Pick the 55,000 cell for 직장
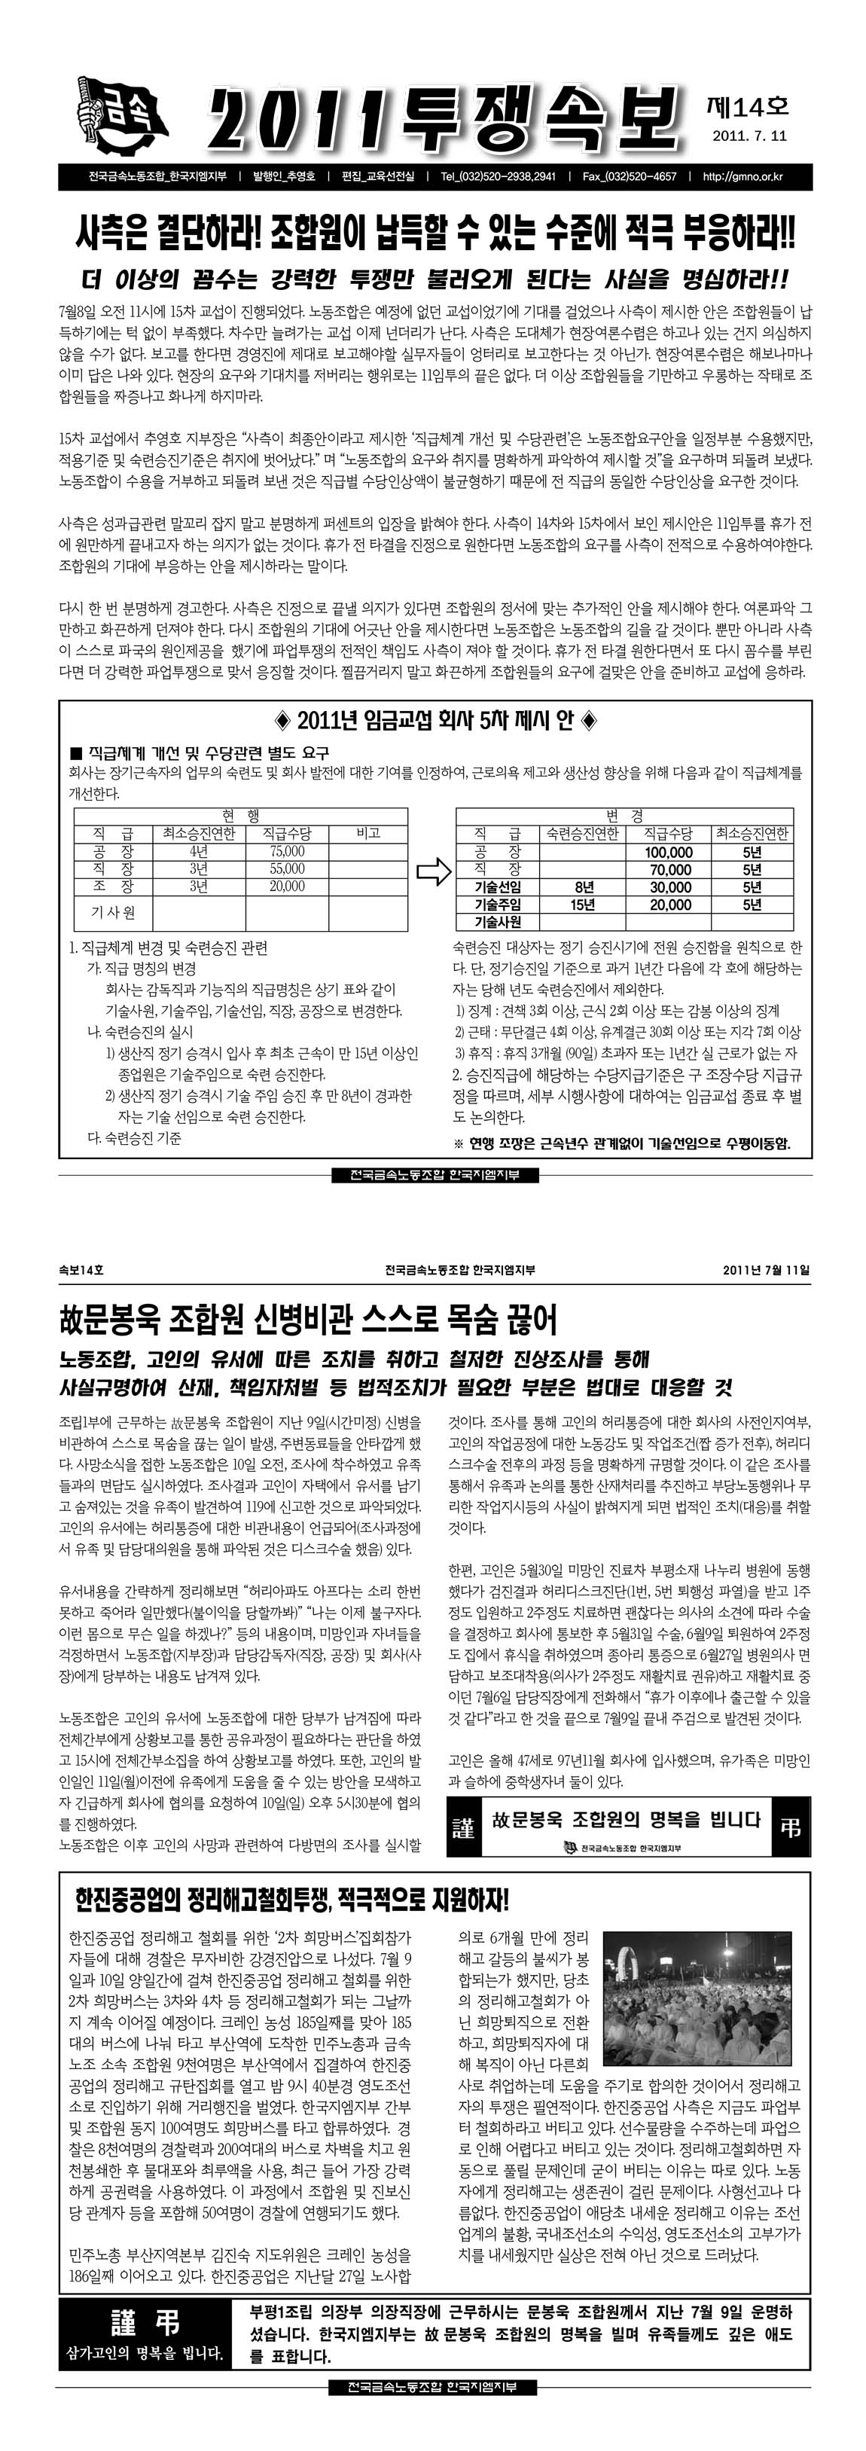288,868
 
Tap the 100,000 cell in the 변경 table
669,853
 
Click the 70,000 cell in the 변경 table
669,870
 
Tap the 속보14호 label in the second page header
81,1269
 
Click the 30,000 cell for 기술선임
669,887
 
